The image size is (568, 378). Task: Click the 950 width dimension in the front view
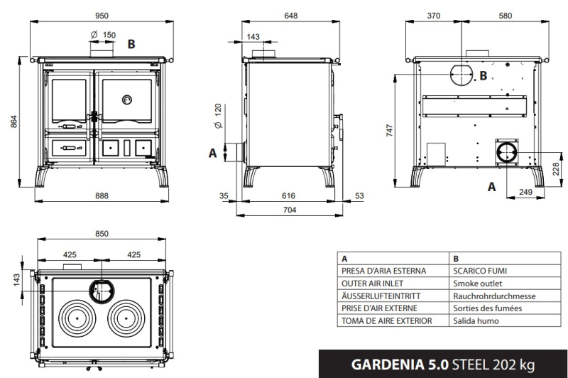102,16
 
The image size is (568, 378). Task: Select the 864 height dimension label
13,121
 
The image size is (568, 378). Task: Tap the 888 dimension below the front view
102,195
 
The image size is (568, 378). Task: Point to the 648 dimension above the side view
291,16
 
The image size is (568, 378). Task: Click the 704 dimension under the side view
290,210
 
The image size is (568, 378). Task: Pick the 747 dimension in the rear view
389,130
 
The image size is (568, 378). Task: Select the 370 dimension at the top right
434,16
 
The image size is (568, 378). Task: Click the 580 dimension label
506,16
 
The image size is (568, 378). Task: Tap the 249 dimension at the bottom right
525,192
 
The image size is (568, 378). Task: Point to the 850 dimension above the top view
102,234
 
